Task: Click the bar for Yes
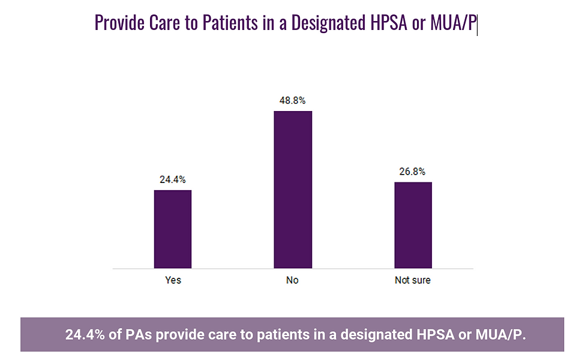click(173, 229)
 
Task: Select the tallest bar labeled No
click(293, 189)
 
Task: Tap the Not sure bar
click(413, 224)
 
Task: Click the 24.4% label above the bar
click(173, 179)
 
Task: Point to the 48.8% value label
click(293, 100)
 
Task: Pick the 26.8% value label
click(413, 171)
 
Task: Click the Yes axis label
click(173, 280)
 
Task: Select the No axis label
click(293, 280)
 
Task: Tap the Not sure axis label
click(413, 280)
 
